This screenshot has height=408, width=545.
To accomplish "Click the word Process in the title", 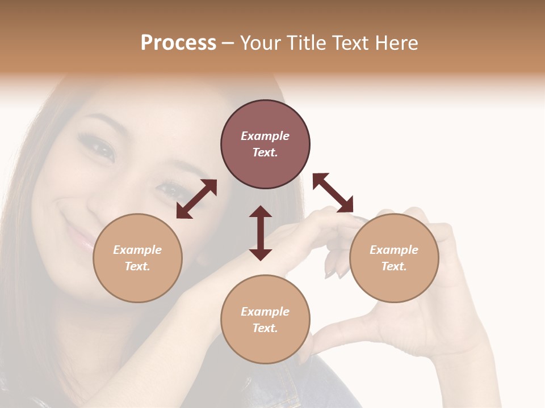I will (178, 43).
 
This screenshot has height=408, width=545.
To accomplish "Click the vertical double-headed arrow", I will (261, 233).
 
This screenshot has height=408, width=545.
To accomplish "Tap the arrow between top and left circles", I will (196, 199).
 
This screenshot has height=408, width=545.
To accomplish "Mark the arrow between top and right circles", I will (333, 193).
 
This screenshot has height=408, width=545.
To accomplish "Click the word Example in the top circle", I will (265, 136).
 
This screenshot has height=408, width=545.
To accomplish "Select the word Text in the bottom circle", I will (265, 328).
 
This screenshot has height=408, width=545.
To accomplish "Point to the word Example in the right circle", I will (394, 250).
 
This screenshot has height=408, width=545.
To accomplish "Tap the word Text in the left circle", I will (137, 266).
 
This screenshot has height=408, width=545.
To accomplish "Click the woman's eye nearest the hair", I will (101, 148).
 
